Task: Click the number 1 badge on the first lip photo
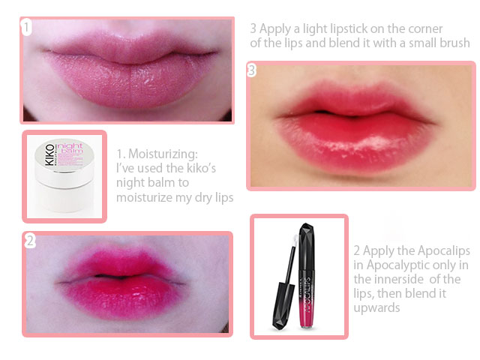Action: click(x=26, y=28)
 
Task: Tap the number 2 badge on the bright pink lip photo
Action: click(x=30, y=241)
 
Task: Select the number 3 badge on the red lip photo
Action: click(x=251, y=70)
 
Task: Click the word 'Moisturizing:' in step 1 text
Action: click(x=163, y=154)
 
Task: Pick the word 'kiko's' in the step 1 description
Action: click(x=201, y=168)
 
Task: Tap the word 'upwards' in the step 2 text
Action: click(x=376, y=308)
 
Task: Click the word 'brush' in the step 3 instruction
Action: click(x=455, y=43)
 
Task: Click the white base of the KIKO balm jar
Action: click(x=65, y=195)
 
